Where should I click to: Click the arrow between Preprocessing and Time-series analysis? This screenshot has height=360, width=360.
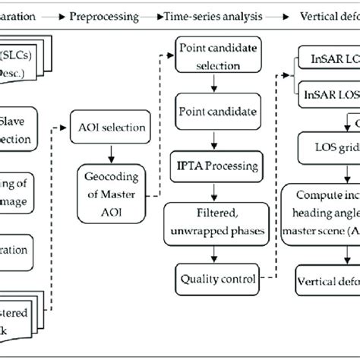152,16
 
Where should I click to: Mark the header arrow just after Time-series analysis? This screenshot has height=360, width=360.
276,16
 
